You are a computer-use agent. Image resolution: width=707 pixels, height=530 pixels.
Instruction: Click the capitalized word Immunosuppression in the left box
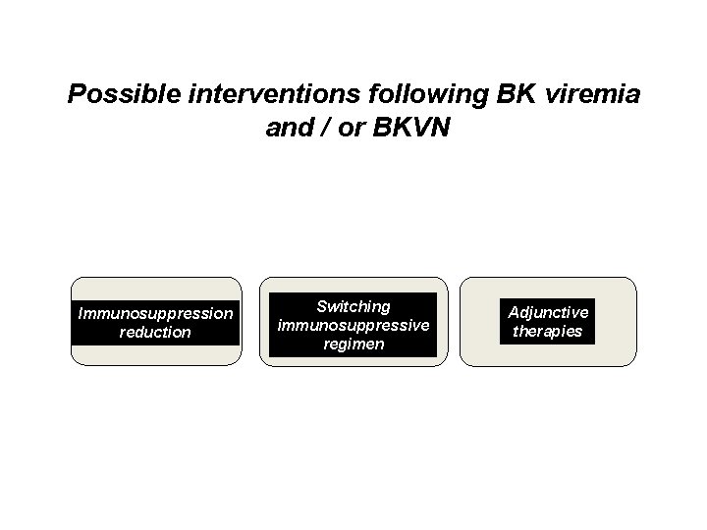coord(155,313)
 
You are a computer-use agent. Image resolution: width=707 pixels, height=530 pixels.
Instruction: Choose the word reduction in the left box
coord(155,332)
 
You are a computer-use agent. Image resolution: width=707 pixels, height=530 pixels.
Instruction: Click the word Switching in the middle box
coord(353,306)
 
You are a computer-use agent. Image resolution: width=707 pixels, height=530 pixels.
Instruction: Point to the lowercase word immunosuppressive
coord(353,325)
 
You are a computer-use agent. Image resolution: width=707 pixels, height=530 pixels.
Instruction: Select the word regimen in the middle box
coord(353,344)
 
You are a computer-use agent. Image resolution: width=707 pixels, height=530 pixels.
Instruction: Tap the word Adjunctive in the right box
coord(548,312)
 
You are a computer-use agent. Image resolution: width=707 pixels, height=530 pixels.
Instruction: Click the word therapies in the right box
coord(548,331)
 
